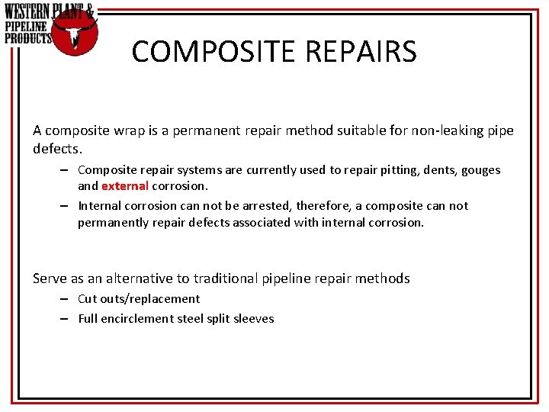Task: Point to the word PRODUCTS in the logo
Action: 28,37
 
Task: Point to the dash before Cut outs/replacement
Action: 66,299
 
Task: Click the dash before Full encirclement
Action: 66,319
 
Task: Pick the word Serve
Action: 50,278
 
